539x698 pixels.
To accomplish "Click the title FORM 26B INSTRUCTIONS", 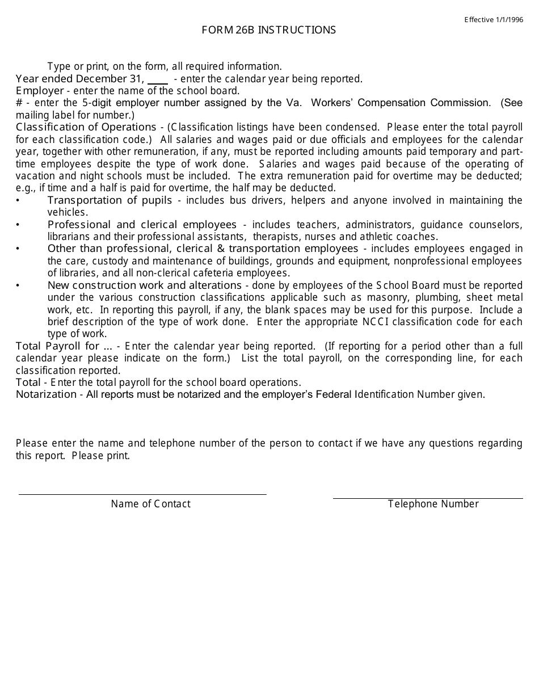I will click(268, 30).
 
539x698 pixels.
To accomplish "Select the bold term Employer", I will click(40, 91).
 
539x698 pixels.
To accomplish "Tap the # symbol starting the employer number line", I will click(19, 103).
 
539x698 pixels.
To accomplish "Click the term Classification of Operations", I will click(86, 127).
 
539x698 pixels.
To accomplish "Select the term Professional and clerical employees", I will click(142, 225).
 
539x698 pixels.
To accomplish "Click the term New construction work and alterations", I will click(145, 285).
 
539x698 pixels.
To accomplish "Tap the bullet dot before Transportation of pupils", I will click(18, 201).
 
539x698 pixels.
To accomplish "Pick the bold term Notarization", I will click(46, 394).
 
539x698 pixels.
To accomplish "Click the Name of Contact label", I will click(150, 504).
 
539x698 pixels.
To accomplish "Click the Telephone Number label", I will click(433, 504).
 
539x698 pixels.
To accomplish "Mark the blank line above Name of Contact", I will click(142, 494).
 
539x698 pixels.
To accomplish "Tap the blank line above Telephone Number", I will click(428, 498).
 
